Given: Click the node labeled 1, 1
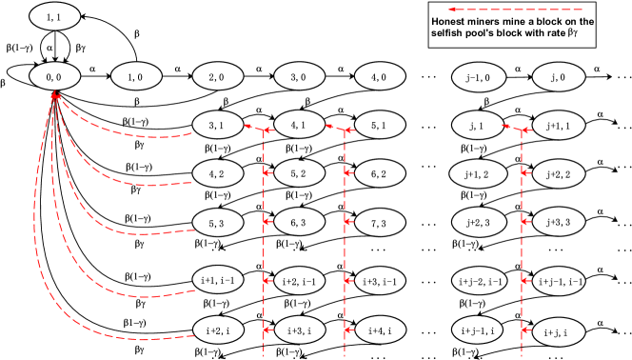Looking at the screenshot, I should pos(54,16).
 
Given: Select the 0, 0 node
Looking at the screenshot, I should pos(54,76).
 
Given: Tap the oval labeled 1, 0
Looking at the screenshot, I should pos(136,76).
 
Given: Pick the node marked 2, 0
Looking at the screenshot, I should pos(217,76).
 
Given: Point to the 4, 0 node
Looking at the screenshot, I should pos(380,76).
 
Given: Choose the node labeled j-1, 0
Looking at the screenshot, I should pos(478,76).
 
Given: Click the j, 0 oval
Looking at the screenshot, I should pos(559,76).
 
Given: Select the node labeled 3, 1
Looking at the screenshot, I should pos(217,125).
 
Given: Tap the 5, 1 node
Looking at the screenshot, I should pos(380,125).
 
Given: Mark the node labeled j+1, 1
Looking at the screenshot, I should pos(559,125).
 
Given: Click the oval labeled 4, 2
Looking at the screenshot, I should pos(217,173).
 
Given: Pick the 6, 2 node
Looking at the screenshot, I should pos(380,173).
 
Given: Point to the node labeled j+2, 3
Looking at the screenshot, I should pos(478,222).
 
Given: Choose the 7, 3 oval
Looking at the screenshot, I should pos(380,224).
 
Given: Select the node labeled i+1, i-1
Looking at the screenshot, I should pos(218,280).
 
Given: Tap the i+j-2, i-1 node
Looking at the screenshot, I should pos(478,281).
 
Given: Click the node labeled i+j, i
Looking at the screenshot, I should pos(559,332).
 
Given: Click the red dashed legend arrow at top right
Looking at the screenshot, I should pos(515,10).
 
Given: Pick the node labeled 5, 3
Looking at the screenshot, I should pos(217,223).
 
